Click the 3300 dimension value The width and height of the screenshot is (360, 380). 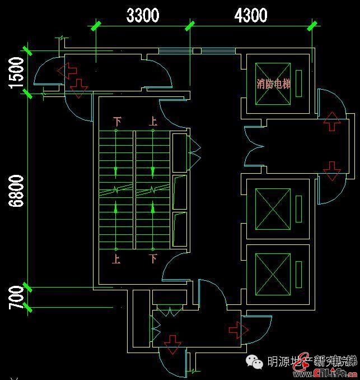point(143,15)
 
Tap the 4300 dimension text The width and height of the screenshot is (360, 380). point(250,15)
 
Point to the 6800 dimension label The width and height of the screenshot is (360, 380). point(16,191)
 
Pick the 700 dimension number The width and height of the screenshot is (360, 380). point(16,297)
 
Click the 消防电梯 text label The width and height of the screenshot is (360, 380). point(274,85)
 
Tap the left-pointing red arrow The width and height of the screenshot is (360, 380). point(68,71)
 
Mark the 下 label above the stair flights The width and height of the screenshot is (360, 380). point(117,121)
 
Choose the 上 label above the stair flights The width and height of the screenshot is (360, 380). point(153,121)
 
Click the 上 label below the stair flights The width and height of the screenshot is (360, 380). point(116,259)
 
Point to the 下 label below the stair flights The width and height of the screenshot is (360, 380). point(153,259)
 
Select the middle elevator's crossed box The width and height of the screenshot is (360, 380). point(273,208)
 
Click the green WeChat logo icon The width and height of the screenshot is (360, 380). point(258,363)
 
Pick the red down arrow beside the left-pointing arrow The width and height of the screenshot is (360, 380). point(80,87)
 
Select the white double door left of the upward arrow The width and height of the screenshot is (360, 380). point(254,147)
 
